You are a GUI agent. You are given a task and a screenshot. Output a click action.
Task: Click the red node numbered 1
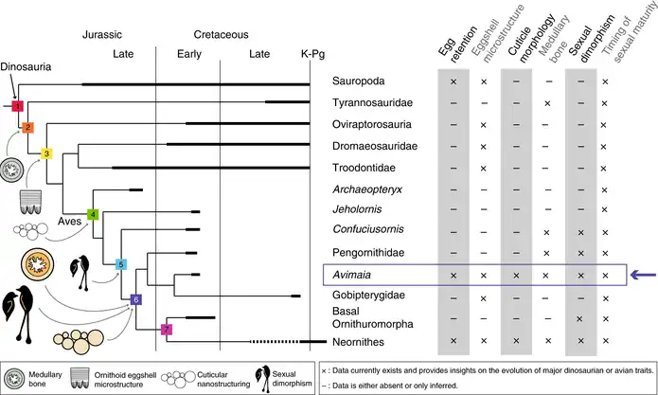coord(16,106)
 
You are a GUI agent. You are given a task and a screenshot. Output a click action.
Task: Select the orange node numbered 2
coord(27,127)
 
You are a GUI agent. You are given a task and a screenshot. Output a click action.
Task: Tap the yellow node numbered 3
coord(45,153)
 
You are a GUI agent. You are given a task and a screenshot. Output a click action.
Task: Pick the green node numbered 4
coord(93,214)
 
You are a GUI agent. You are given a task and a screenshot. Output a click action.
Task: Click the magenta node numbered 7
coord(166,329)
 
